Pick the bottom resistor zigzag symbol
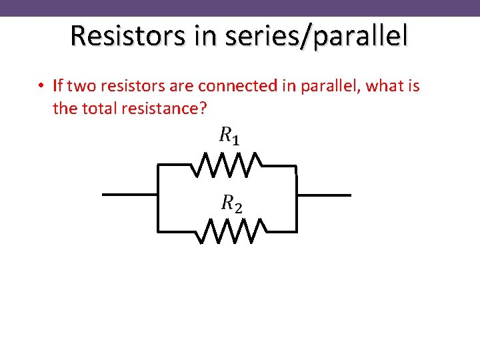point(231,231)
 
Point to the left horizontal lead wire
point(129,195)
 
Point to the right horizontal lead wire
point(323,195)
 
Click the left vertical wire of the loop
point(157,197)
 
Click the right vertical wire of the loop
point(297,197)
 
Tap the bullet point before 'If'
point(41,87)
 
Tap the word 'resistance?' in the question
point(163,108)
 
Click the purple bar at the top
point(240,8)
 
